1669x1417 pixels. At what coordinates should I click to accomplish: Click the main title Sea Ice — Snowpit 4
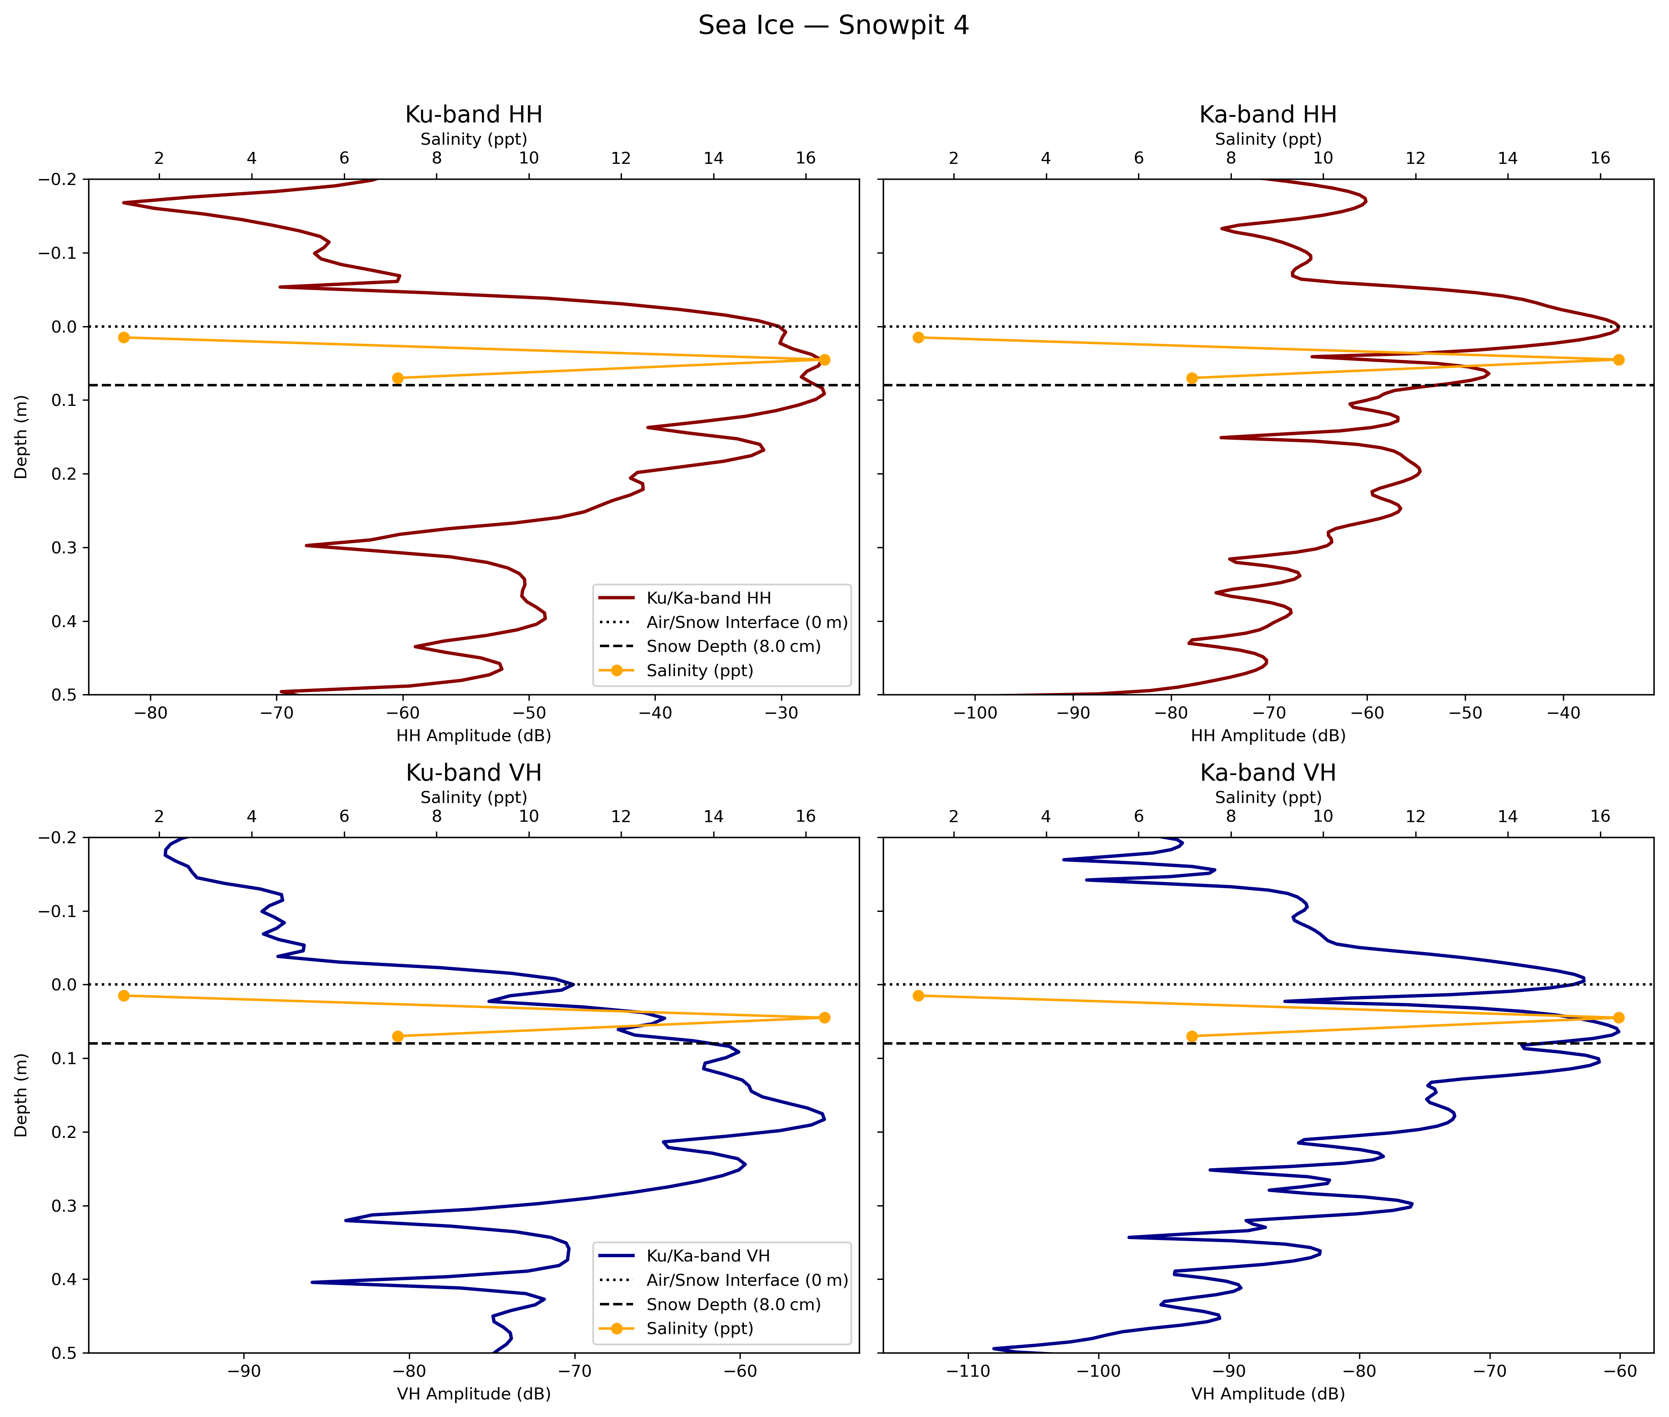833,26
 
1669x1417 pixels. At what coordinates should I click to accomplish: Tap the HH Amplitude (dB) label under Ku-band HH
473,736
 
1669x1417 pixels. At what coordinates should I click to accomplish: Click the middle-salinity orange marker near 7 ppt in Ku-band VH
398,1036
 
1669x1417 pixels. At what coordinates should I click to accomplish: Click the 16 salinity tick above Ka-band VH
1600,816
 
